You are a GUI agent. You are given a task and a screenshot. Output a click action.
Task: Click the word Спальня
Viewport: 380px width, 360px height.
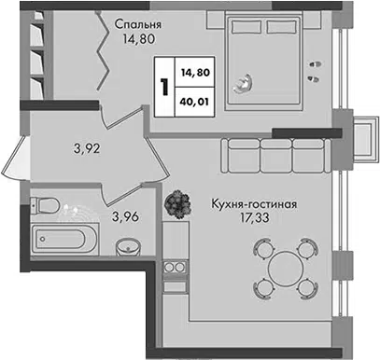(x=138, y=24)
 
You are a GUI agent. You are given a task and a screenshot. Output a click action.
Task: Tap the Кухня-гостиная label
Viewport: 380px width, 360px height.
(x=254, y=204)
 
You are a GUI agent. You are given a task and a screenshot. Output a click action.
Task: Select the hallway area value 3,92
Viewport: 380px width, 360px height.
(x=87, y=149)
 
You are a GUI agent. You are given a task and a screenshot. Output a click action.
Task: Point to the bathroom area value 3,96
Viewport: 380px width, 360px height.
(x=125, y=216)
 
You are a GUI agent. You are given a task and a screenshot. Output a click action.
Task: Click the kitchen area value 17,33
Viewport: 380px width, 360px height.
(x=254, y=218)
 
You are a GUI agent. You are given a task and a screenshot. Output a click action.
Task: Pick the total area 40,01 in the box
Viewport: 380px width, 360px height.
(x=194, y=102)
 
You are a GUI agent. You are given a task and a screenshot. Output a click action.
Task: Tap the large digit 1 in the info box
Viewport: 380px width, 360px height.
(x=164, y=87)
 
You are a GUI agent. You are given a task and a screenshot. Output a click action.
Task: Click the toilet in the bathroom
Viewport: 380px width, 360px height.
(x=45, y=205)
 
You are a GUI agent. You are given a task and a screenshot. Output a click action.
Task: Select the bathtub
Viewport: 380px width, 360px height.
(x=64, y=239)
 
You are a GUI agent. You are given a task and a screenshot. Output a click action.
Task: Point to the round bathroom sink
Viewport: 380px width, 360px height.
(x=128, y=248)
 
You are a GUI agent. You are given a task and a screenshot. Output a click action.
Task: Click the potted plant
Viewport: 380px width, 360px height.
(x=177, y=204)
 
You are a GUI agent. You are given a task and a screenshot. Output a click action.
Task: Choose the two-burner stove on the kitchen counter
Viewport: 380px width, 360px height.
(x=175, y=267)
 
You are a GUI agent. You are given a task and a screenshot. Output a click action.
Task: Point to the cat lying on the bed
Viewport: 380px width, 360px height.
(x=244, y=83)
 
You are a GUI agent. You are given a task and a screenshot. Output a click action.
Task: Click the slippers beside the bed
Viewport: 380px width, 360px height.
(x=315, y=72)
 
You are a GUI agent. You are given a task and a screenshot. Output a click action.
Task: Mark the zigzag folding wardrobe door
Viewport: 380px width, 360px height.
(x=103, y=50)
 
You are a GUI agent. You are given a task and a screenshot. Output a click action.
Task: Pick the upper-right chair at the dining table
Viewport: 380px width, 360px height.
(x=307, y=247)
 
